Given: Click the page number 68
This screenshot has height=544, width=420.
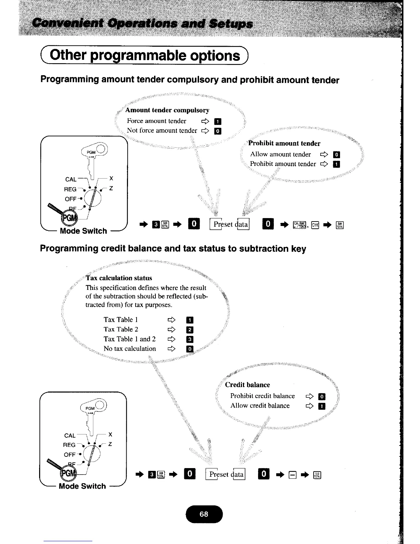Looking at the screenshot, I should click(x=204, y=514).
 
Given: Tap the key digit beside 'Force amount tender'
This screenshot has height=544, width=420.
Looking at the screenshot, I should click(x=218, y=121).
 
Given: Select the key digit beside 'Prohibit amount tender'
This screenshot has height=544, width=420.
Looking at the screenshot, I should click(x=337, y=164).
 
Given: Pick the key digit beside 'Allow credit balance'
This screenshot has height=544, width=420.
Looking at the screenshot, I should click(x=322, y=407).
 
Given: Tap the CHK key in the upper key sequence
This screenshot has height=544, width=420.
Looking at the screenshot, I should click(x=315, y=225).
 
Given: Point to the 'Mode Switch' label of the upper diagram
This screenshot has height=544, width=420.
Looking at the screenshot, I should click(x=83, y=231).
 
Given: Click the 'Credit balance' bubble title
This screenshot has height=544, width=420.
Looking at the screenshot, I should click(x=247, y=385).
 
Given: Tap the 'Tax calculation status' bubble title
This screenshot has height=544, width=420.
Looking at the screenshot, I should click(x=119, y=278).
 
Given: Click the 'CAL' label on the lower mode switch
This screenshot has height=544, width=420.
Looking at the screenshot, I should click(x=70, y=435).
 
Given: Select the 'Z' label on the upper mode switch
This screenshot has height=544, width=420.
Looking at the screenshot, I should click(x=111, y=189).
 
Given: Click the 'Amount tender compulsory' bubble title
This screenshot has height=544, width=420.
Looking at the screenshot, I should click(x=167, y=110).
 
